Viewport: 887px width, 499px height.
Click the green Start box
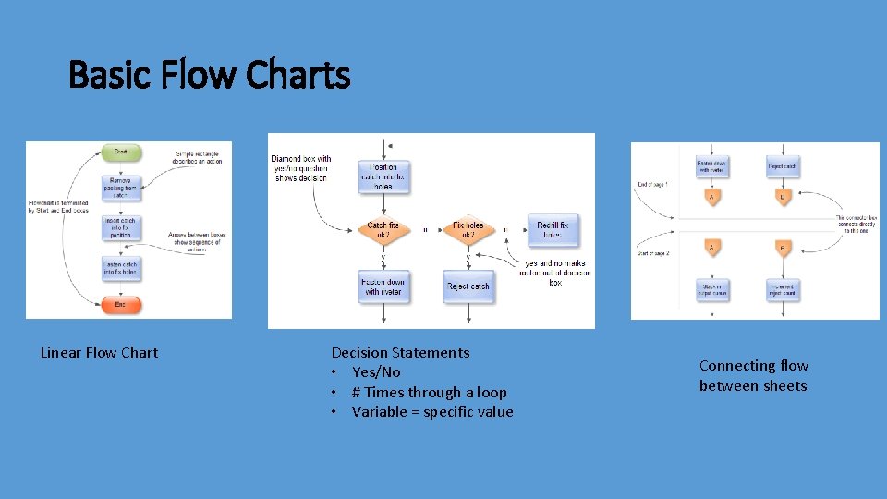point(121,152)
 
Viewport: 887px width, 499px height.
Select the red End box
point(121,303)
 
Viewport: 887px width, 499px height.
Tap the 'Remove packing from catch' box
point(121,189)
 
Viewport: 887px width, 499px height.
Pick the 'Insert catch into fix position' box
point(121,227)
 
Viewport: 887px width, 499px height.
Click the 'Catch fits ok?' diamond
point(383,230)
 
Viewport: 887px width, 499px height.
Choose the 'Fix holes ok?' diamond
point(468,230)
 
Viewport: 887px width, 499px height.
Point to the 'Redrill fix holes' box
point(553,230)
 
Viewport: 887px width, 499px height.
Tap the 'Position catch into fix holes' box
point(383,176)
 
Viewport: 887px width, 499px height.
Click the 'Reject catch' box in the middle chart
point(468,286)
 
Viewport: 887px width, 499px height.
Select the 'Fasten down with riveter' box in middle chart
point(383,286)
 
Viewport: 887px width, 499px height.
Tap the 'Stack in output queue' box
point(712,289)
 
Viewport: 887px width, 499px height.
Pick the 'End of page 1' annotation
point(653,185)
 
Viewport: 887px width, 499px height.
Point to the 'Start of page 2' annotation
point(654,251)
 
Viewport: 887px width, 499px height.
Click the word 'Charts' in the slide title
point(298,75)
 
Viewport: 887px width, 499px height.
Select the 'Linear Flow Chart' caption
point(100,352)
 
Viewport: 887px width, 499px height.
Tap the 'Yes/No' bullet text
point(376,371)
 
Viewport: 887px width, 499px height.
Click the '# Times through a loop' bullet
point(429,392)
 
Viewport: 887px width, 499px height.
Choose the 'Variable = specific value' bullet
point(432,411)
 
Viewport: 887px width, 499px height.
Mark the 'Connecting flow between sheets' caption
point(753,376)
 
